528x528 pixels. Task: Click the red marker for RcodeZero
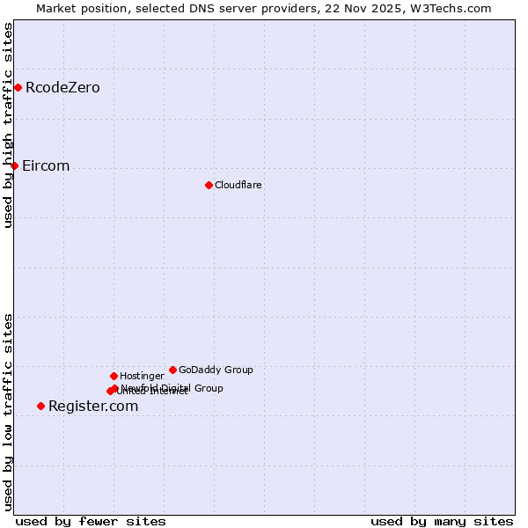18,87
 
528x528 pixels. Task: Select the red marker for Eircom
14,165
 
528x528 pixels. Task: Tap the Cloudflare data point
209,185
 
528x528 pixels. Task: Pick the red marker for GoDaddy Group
172,370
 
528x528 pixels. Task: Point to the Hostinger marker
114,376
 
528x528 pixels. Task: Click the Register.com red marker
40,406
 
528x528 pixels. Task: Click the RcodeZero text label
62,87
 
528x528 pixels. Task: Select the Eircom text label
46,165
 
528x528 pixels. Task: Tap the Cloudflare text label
238,185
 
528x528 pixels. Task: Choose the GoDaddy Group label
216,370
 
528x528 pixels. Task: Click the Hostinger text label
142,376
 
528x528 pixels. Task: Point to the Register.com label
93,406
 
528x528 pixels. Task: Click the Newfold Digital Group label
172,387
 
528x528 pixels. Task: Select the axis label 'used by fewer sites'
91,521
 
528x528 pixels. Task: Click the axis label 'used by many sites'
442,521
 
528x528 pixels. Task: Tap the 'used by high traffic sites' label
9,125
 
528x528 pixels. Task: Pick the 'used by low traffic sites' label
9,412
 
